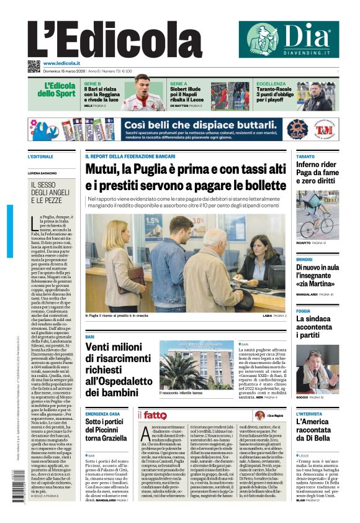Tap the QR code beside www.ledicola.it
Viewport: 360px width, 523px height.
coord(34,66)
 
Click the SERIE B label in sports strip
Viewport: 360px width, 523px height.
coord(92,83)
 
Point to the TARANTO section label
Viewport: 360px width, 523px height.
coord(305,157)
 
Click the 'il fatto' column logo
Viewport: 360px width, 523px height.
coord(153,415)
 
